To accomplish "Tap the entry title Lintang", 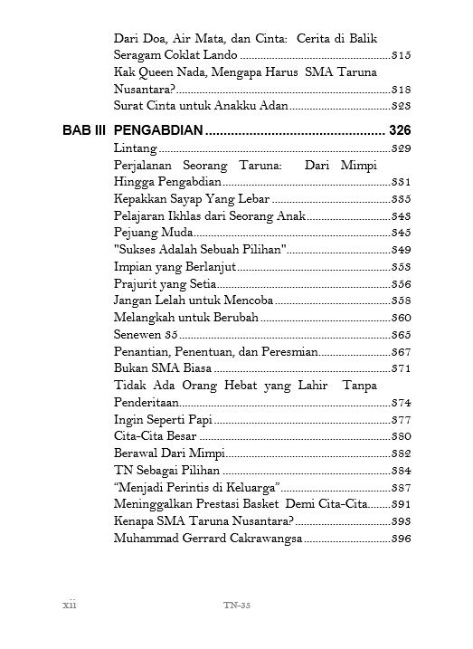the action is (x=137, y=148).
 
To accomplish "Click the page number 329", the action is (x=402, y=148).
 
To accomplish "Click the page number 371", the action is (x=402, y=369).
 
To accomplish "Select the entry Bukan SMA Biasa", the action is (x=163, y=368).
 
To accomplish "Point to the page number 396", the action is (x=402, y=539).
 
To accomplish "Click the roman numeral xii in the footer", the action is (x=69, y=605).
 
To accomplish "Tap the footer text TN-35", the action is (x=236, y=606).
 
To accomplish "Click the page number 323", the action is (x=402, y=107).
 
